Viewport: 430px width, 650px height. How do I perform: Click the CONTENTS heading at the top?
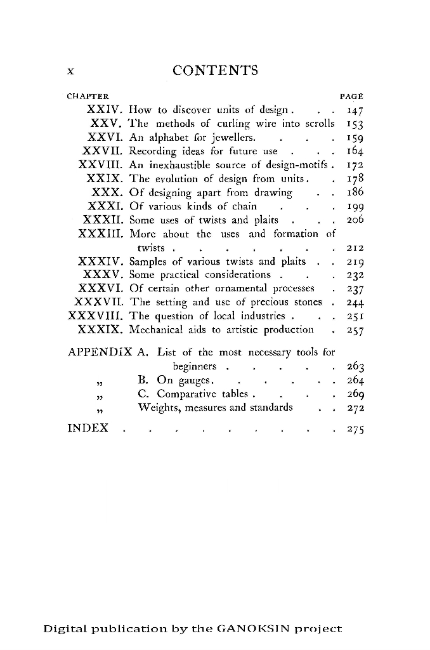(215, 70)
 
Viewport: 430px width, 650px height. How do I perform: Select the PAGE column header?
(351, 97)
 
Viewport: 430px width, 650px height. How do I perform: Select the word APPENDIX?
(98, 352)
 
